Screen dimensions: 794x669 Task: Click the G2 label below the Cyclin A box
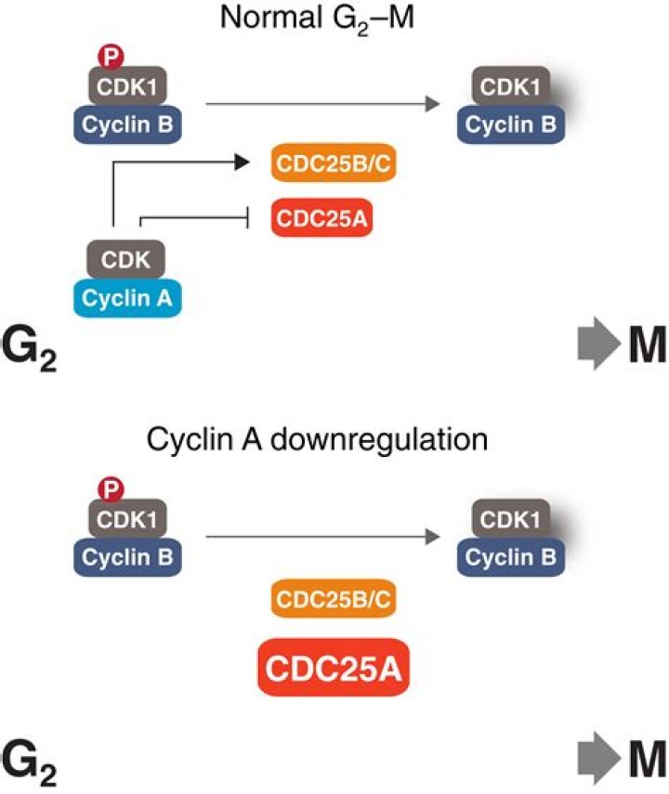(x=33, y=348)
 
